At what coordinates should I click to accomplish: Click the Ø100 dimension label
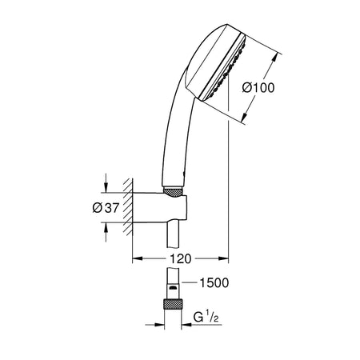point(258,88)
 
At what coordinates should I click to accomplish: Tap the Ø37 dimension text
point(106,207)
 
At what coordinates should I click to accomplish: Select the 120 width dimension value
point(181,258)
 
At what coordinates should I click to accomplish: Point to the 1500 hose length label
point(214,282)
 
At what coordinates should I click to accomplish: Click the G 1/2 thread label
point(206,317)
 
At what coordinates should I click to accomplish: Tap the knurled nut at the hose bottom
point(173,304)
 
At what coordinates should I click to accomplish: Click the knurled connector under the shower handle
point(173,192)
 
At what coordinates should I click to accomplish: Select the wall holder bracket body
point(159,207)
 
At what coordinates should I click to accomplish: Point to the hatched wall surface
point(128,207)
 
